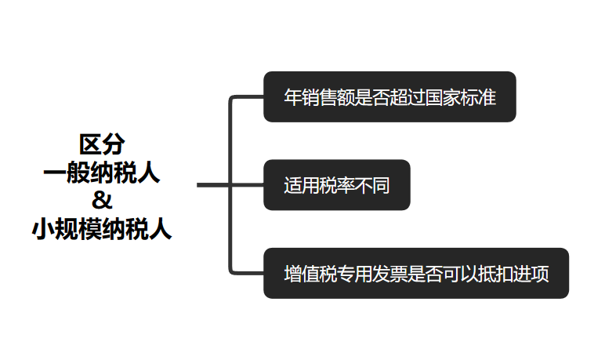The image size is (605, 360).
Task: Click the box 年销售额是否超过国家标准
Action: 389,97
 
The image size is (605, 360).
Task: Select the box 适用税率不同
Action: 336,186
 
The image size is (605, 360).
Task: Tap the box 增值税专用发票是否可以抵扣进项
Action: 415,275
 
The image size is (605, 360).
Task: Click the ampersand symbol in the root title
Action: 103,198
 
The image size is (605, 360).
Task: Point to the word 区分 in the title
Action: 103,144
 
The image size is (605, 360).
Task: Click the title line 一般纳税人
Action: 103,172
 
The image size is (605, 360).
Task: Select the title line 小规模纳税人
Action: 103,229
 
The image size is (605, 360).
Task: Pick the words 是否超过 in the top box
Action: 389,98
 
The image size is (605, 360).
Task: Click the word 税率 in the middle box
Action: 337,187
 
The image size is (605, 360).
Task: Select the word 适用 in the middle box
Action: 301,187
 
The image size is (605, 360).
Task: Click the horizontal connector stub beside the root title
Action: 212,185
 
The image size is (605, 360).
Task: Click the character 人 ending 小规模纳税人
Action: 161,229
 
